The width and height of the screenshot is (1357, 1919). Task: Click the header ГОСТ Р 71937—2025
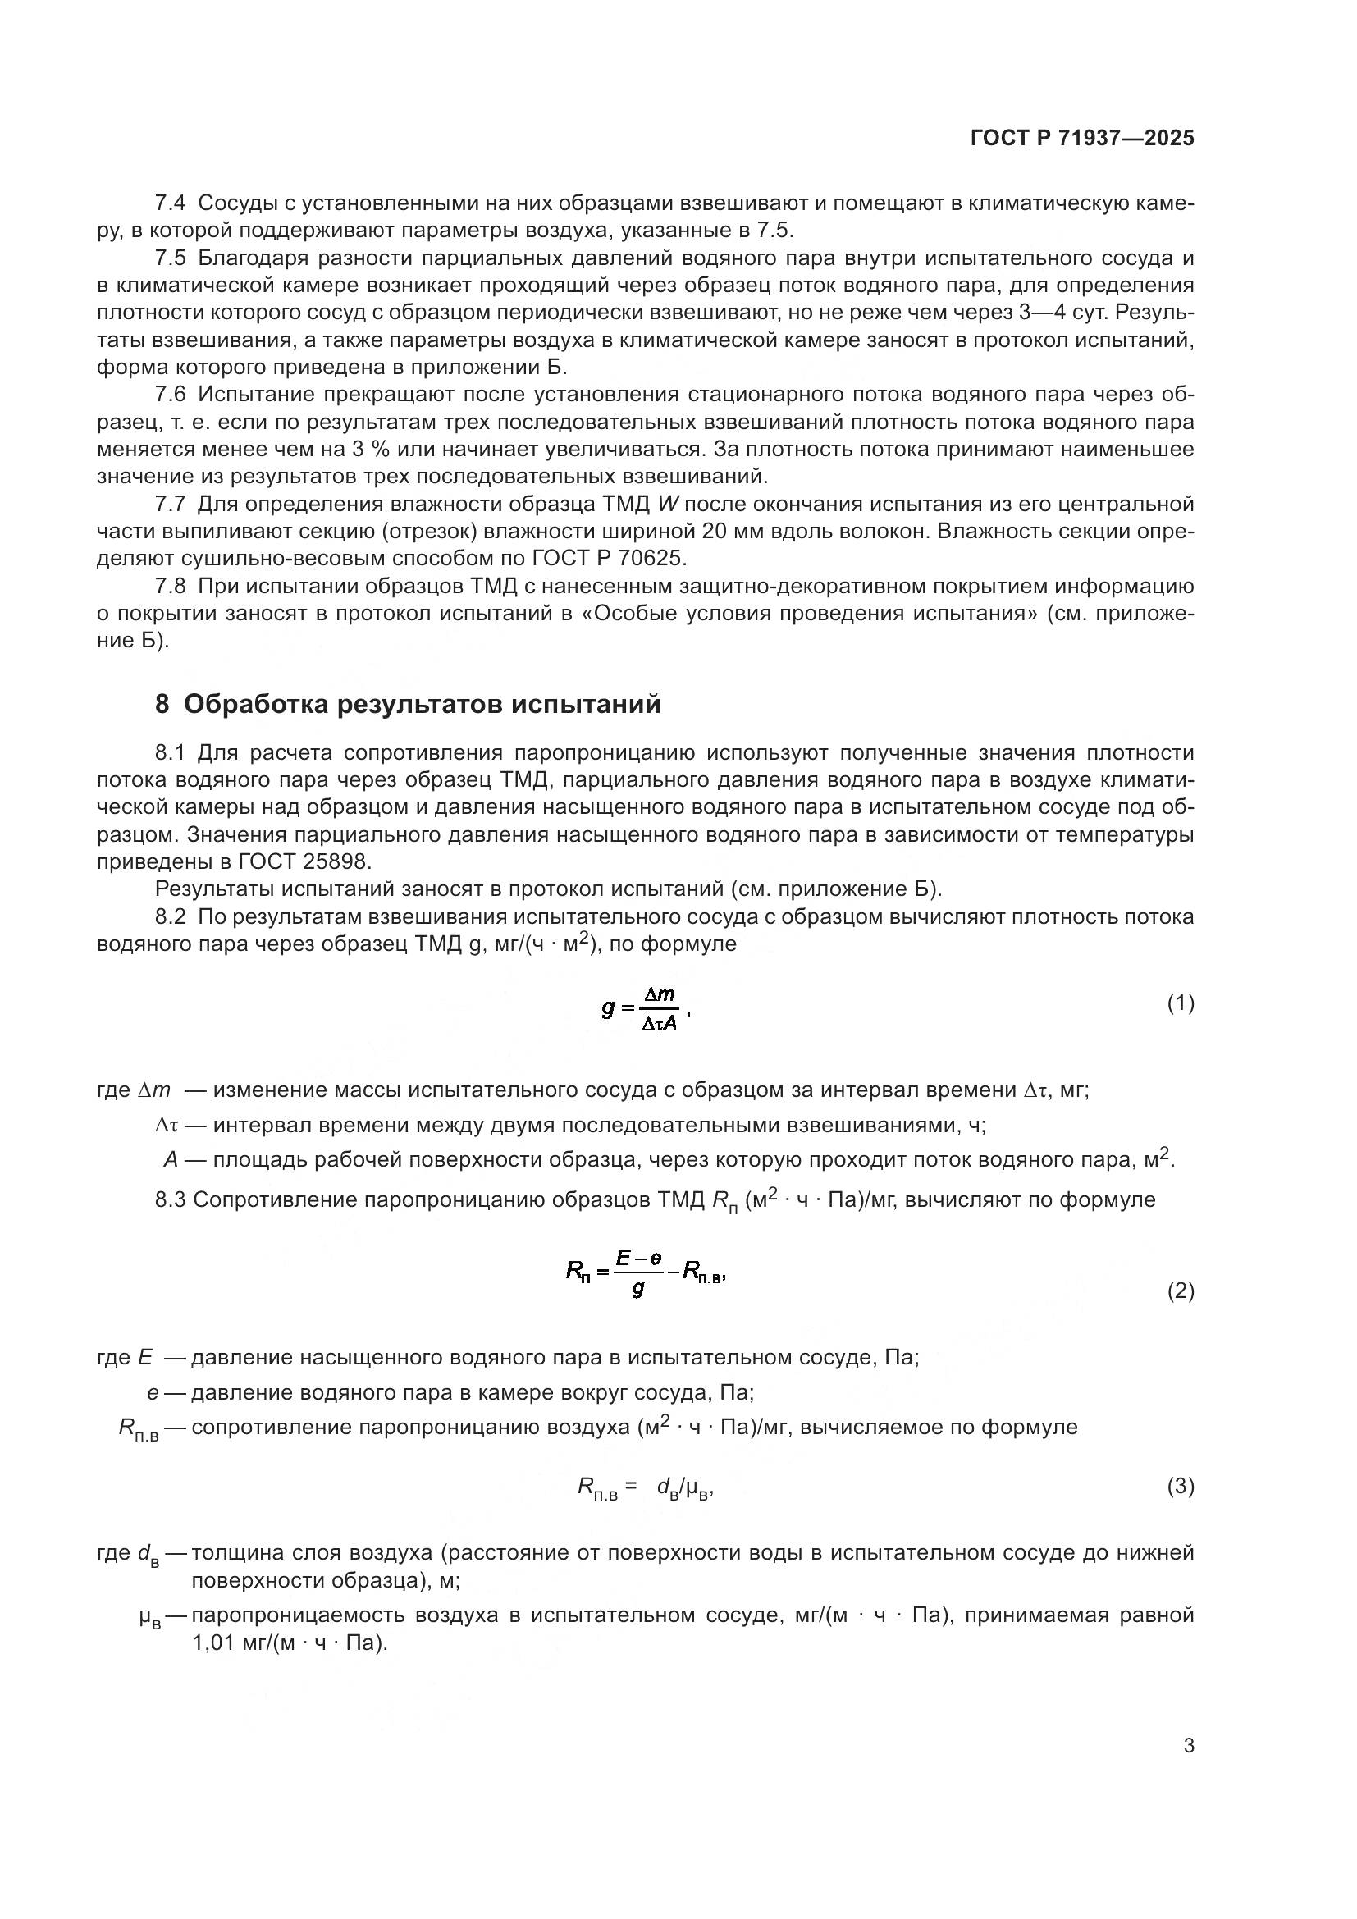tap(1082, 139)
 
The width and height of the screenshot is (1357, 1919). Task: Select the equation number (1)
tap(1180, 1003)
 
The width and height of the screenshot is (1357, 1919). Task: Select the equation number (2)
tap(1180, 1291)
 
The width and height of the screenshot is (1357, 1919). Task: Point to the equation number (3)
tap(1180, 1487)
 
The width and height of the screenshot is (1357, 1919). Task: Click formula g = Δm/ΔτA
tap(644, 1009)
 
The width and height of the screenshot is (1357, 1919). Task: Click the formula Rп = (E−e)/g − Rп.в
tap(644, 1276)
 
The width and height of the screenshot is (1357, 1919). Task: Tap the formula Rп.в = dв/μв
tap(644, 1487)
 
